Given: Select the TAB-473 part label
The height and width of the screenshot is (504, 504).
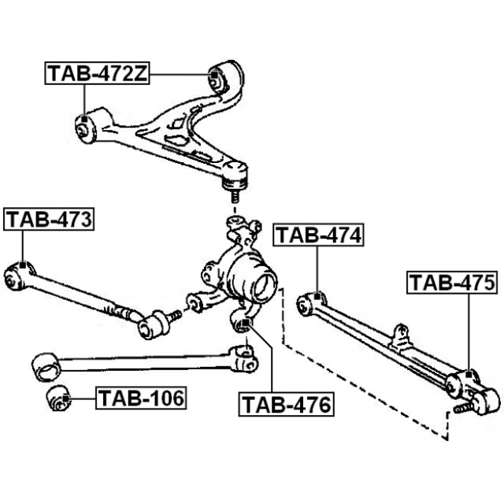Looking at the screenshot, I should coord(49,219).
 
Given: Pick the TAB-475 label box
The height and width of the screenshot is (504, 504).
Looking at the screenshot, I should coord(452,282).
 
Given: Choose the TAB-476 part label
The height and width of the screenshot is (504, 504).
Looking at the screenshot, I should coord(286,405).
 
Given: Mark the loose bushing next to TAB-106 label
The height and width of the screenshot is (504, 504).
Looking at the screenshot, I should coord(57,398).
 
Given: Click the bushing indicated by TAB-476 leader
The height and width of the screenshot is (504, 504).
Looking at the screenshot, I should coord(244,322).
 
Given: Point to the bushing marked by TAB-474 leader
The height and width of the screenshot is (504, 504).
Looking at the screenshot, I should coord(312,302).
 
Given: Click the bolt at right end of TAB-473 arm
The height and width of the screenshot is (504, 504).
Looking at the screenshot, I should coord(175,316).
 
